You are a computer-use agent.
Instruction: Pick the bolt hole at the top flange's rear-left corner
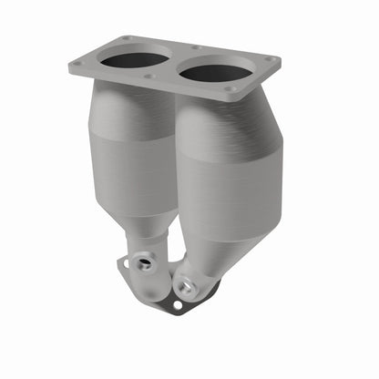(125, 38)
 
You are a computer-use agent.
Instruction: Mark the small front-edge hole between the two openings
(148, 76)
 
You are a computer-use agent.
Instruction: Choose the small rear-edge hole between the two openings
(195, 47)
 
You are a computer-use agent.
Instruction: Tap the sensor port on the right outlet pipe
(186, 286)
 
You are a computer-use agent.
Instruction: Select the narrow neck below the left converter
(149, 244)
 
